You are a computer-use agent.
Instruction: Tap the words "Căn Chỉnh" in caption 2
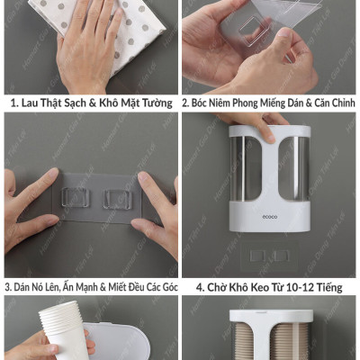pyautogui.click(x=328, y=103)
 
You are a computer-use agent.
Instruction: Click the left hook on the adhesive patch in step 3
pyautogui.click(x=73, y=199)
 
